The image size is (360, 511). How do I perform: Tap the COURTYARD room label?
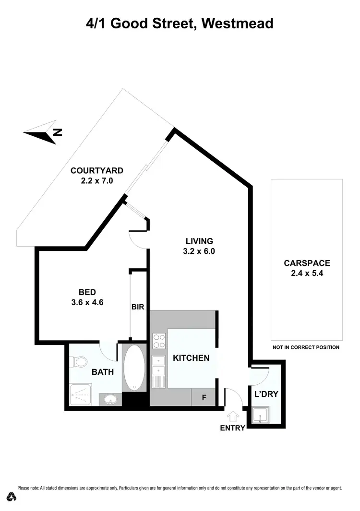coord(97,170)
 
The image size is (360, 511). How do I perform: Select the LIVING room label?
coord(200,241)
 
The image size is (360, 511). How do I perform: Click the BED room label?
coord(87,292)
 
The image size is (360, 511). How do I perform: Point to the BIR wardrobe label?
coord(138,307)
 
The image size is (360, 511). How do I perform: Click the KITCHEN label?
coord(191,358)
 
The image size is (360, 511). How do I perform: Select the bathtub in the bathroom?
coord(134,367)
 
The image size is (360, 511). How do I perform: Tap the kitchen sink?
coord(158,372)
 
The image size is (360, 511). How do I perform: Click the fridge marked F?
coord(204,398)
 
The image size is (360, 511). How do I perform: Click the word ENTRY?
coord(233,428)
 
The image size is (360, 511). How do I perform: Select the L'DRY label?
coord(266,394)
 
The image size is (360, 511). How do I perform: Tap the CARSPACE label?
coord(307,263)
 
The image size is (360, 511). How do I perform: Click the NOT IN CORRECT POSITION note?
coord(306,347)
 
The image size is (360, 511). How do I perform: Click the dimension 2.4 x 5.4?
coord(307,273)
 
